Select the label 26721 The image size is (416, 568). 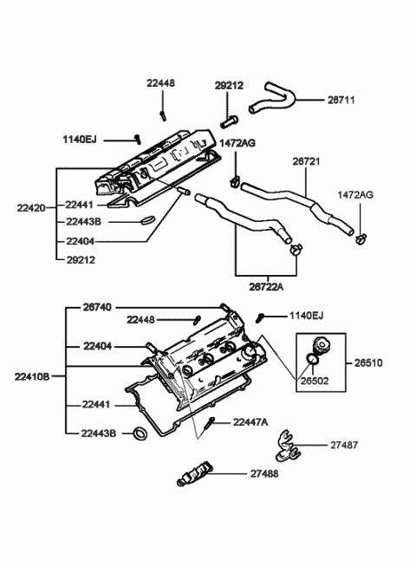point(305,161)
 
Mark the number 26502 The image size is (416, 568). point(314,380)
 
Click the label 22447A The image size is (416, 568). point(250,421)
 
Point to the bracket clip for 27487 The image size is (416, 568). point(285,447)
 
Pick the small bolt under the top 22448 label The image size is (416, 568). point(162,114)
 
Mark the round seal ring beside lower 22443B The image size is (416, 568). point(139,434)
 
